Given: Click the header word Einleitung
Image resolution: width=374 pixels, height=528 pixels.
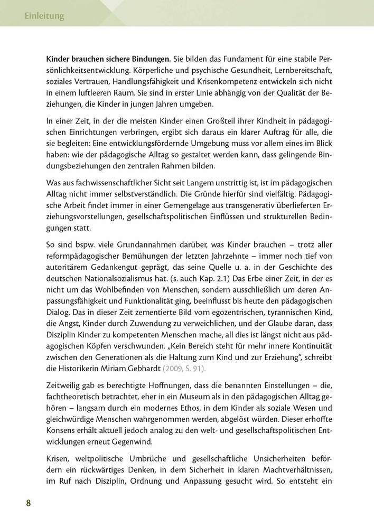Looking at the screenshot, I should pos(44,16).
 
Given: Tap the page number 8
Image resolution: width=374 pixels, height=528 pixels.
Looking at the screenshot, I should pos(29,502).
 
